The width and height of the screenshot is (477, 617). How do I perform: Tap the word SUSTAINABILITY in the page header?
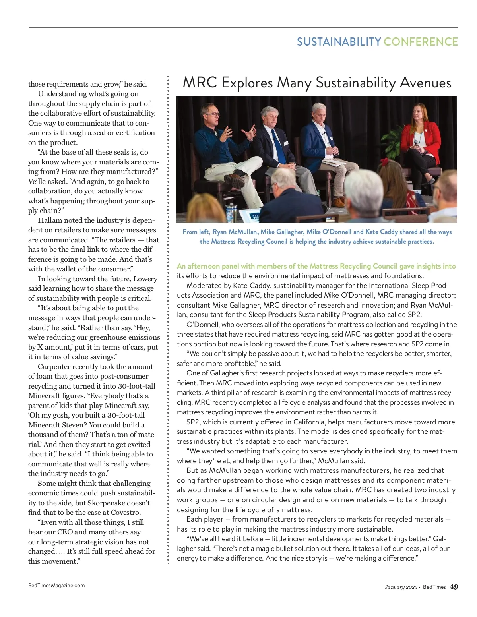coord(339,42)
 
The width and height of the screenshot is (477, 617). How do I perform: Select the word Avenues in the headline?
coord(425,83)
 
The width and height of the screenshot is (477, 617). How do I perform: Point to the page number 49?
coord(454,587)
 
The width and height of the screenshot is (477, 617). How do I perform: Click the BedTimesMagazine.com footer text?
coord(56,585)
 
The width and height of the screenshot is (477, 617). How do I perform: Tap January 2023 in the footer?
coord(401,587)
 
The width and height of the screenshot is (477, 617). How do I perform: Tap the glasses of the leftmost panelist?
coord(213,114)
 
